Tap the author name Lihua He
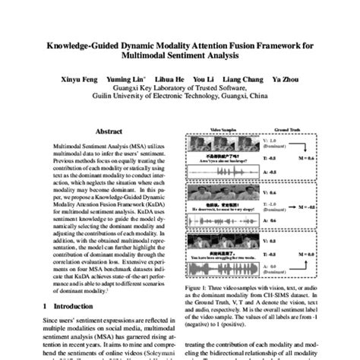pyautogui.click(x=168, y=79)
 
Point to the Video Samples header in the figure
pyautogui.click(x=226, y=131)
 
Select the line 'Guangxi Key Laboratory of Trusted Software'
pyautogui.click(x=180, y=88)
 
